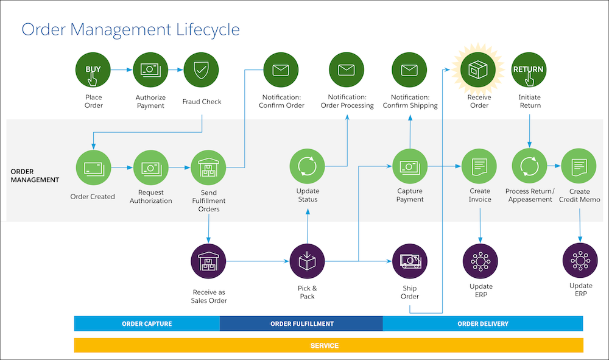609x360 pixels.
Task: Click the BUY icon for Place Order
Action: point(93,71)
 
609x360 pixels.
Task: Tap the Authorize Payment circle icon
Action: point(150,71)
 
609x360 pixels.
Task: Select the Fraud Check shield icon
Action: point(201,71)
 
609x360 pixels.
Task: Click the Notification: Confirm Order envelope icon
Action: point(281,71)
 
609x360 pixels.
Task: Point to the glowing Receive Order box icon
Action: point(479,71)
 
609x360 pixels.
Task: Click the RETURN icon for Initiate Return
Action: point(529,71)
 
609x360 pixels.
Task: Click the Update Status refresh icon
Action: point(308,167)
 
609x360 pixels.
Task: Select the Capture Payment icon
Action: point(409,167)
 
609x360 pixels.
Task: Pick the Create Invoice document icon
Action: point(479,167)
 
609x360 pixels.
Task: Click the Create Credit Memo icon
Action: point(579,167)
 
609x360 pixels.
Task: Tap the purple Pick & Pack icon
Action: point(308,261)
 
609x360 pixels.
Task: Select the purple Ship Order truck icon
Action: point(410,261)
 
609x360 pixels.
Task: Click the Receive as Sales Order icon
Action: point(208,261)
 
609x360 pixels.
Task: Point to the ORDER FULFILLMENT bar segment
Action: point(301,323)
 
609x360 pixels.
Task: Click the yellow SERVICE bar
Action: point(328,345)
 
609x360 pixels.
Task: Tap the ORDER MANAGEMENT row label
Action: point(35,175)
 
